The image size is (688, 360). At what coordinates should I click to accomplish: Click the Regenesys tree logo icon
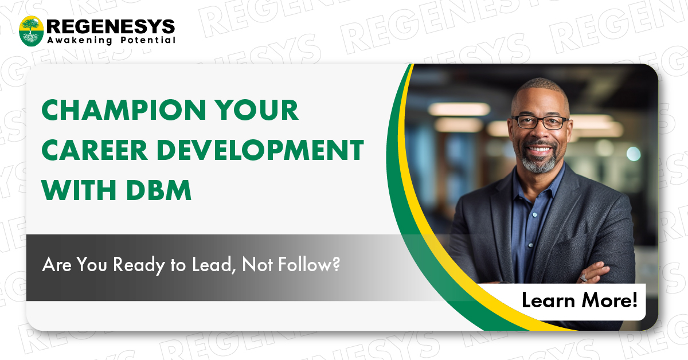tap(31, 31)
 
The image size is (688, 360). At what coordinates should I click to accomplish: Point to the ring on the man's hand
tap(583, 277)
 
